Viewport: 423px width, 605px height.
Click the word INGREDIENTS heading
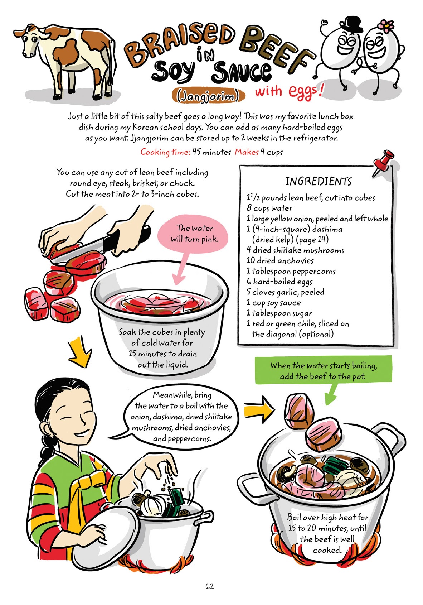coord(318,182)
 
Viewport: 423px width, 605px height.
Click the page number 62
coord(209,586)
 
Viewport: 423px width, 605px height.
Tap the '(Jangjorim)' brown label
coord(209,96)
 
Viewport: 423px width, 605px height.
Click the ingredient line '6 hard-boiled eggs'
coord(279,282)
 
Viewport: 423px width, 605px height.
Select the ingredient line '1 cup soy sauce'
coord(273,303)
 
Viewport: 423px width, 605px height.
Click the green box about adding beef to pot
coord(323,371)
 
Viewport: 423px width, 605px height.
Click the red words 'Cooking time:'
coord(165,152)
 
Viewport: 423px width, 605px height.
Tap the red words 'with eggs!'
coord(288,91)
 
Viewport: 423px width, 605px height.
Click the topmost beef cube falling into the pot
coord(299,409)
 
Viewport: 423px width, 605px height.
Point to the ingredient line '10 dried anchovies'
coord(280,261)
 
